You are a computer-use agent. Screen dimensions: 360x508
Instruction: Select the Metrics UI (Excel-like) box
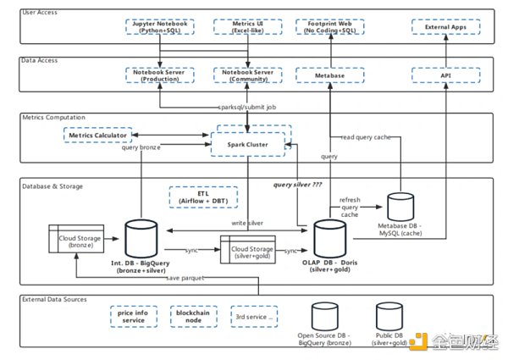(247, 26)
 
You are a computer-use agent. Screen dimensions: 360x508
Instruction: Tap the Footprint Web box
(328, 26)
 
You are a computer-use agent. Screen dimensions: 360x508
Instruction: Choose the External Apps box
(446, 26)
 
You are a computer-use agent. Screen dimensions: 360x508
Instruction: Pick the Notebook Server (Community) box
(247, 75)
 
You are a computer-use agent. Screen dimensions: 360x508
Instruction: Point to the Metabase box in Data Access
(328, 75)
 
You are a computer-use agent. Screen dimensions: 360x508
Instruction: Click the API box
(446, 75)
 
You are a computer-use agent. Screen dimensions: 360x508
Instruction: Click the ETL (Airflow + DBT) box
(203, 198)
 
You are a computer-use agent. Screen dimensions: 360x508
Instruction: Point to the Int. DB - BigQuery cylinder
(139, 238)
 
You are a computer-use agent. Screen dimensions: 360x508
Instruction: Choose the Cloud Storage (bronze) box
(75, 239)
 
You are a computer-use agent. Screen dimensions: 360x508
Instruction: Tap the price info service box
(133, 318)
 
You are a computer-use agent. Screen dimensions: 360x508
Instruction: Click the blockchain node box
(192, 318)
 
